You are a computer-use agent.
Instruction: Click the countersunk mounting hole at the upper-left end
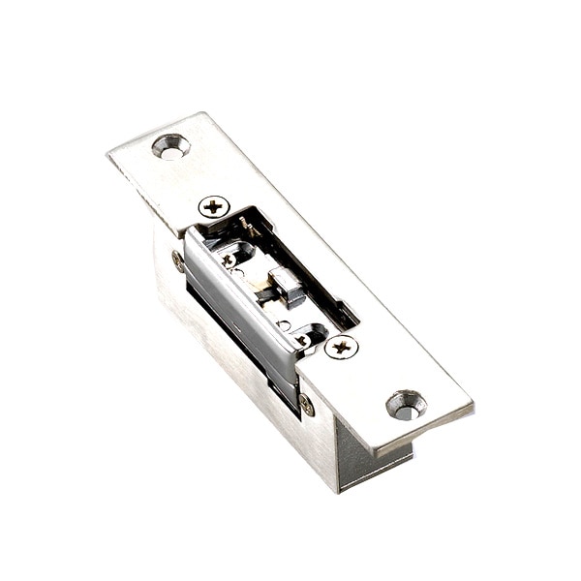tap(170, 147)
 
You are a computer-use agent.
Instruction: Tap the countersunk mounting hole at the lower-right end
tap(407, 405)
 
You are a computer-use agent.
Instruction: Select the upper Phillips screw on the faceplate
tap(213, 206)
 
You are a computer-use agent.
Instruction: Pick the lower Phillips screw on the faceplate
tap(341, 347)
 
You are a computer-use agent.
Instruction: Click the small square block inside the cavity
tap(287, 287)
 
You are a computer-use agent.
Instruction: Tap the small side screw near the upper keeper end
tap(178, 260)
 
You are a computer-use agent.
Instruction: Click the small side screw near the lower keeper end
tap(307, 404)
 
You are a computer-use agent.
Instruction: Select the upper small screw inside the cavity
tap(229, 260)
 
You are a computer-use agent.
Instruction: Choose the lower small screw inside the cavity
tap(302, 339)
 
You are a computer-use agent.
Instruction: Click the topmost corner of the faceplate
tap(203, 113)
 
